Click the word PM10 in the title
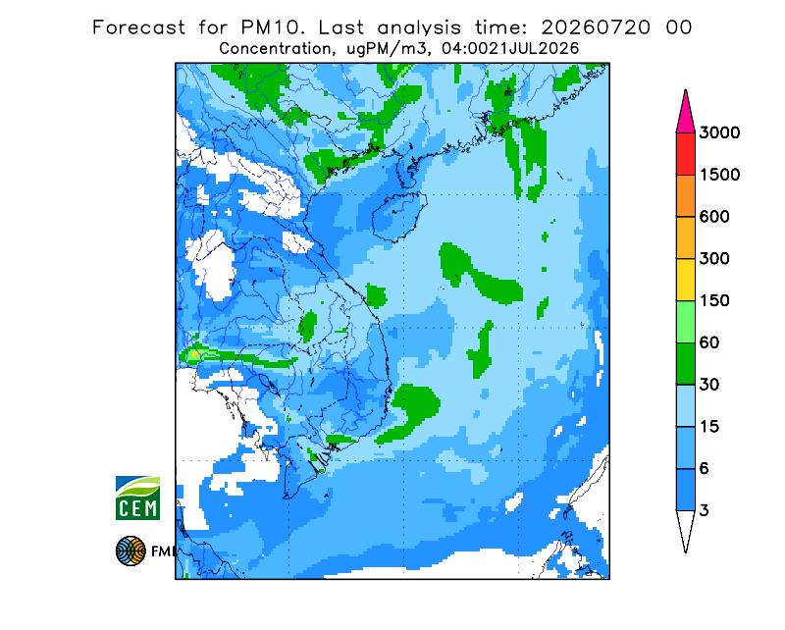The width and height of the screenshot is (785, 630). pos(272,27)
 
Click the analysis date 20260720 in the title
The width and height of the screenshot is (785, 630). pos(596,27)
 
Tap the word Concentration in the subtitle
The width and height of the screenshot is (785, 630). pos(275,49)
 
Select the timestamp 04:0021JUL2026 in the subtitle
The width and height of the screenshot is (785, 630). pos(510,49)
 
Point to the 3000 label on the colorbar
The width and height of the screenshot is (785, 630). pos(719,132)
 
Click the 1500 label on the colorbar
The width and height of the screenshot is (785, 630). pos(719,175)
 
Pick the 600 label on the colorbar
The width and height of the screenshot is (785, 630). pos(714,217)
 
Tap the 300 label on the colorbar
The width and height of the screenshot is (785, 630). pos(714,259)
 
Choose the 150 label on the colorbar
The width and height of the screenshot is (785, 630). pos(714,301)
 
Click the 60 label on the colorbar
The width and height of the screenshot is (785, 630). pos(709,343)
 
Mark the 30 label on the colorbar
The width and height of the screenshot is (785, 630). pos(709,385)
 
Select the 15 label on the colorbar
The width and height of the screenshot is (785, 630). pos(709,427)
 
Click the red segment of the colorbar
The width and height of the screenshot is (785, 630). pos(685,154)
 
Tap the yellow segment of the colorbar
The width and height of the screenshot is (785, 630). pos(685,280)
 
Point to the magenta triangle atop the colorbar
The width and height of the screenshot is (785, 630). pos(685,113)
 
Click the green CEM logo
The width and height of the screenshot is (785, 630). pos(137,498)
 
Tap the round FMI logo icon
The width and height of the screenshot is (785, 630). pos(131,551)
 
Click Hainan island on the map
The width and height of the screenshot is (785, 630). pos(399,216)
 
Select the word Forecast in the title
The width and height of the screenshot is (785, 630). pos(138,27)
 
